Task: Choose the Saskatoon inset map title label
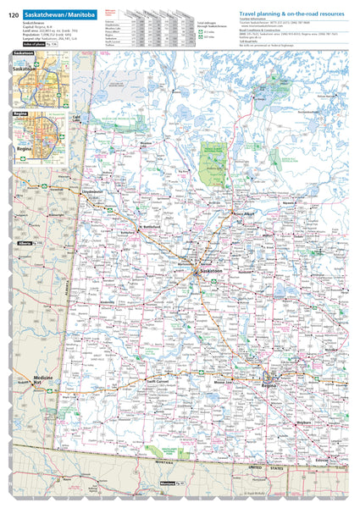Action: pyautogui.click(x=25, y=52)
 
